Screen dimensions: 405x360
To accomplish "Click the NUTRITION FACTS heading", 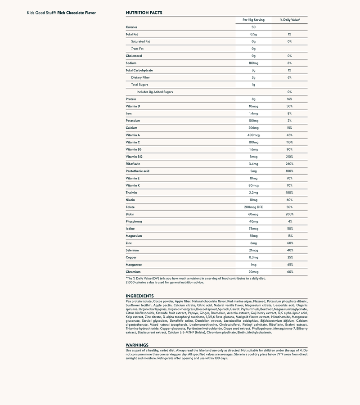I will [144, 13].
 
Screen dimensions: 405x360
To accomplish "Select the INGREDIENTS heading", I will [140, 296].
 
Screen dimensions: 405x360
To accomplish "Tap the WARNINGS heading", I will [137, 345].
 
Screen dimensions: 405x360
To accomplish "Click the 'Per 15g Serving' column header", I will [253, 20].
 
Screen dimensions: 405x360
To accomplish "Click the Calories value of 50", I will [253, 27].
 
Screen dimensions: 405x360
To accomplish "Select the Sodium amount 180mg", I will [253, 63].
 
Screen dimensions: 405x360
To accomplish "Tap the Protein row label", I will [131, 99].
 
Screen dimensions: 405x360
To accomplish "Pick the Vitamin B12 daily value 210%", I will [289, 157].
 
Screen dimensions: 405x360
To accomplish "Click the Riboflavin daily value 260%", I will [289, 164].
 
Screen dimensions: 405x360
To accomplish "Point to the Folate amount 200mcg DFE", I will [253, 207].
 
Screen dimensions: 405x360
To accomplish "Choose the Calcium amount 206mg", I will [253, 128].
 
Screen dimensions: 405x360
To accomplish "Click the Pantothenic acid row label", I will [137, 171].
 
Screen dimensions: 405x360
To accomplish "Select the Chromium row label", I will [133, 272].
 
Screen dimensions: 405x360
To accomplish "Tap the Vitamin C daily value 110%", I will [289, 142].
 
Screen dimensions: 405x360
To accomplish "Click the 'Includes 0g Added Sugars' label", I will [154, 92].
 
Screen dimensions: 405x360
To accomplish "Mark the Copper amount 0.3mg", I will [253, 257].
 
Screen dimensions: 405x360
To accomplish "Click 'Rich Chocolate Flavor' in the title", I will [76, 13].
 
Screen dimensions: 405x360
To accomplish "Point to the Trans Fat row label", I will [137, 49].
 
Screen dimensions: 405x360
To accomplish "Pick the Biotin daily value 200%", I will [289, 214].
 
